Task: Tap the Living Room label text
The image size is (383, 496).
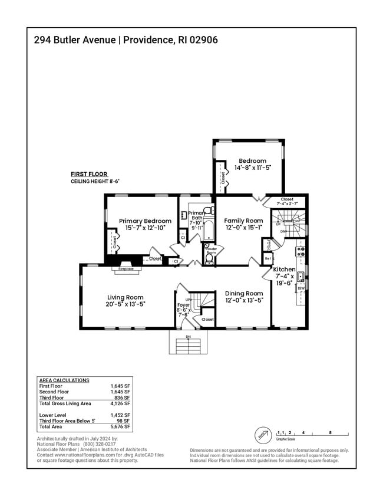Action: pos(126,297)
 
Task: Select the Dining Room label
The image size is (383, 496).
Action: pos(244,293)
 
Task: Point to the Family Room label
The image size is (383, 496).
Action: pos(243,221)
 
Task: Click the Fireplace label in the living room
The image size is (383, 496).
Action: pos(126,269)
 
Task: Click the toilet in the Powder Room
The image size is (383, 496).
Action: pos(209,258)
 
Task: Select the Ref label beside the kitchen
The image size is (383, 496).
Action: pos(268,258)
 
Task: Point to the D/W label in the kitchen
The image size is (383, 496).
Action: pos(301,288)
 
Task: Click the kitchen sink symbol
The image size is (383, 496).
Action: pos(301,275)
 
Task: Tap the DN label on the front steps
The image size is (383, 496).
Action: pos(188,337)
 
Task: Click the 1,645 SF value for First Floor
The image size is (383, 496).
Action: pos(120,386)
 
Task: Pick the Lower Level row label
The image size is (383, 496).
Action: pos(53,415)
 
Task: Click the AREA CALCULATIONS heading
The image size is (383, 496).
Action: pos(64,380)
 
